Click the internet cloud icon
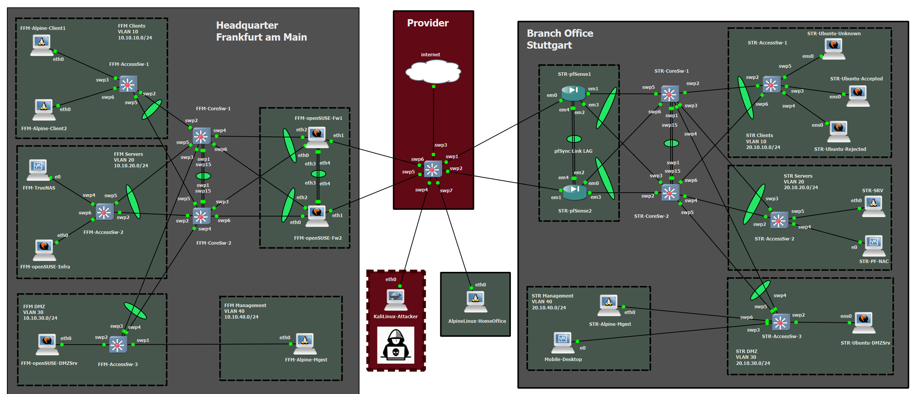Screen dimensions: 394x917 point(433,72)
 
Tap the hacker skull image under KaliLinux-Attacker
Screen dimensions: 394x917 point(395,345)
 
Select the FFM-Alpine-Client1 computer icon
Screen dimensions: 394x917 point(42,45)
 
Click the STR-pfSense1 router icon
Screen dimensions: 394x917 point(573,93)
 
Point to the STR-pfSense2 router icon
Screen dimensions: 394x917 point(574,192)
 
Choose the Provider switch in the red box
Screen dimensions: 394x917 point(433,169)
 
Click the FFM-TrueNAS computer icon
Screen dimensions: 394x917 point(38,170)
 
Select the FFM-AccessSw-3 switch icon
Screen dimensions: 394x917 point(118,345)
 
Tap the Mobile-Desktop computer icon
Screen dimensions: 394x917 point(563,342)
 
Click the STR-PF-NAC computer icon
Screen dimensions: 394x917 point(874,245)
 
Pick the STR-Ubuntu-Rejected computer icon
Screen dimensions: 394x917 point(838,131)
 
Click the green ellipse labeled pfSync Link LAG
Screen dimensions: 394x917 point(574,139)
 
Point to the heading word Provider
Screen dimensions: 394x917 point(428,23)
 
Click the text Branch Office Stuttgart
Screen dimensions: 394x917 point(559,39)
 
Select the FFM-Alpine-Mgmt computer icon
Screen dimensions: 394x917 point(305,343)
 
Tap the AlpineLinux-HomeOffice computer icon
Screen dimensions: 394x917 point(476,301)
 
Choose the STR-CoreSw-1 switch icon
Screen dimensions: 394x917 point(669,94)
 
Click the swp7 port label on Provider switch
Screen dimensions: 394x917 point(446,191)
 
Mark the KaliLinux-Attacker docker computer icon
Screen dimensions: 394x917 point(395,299)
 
